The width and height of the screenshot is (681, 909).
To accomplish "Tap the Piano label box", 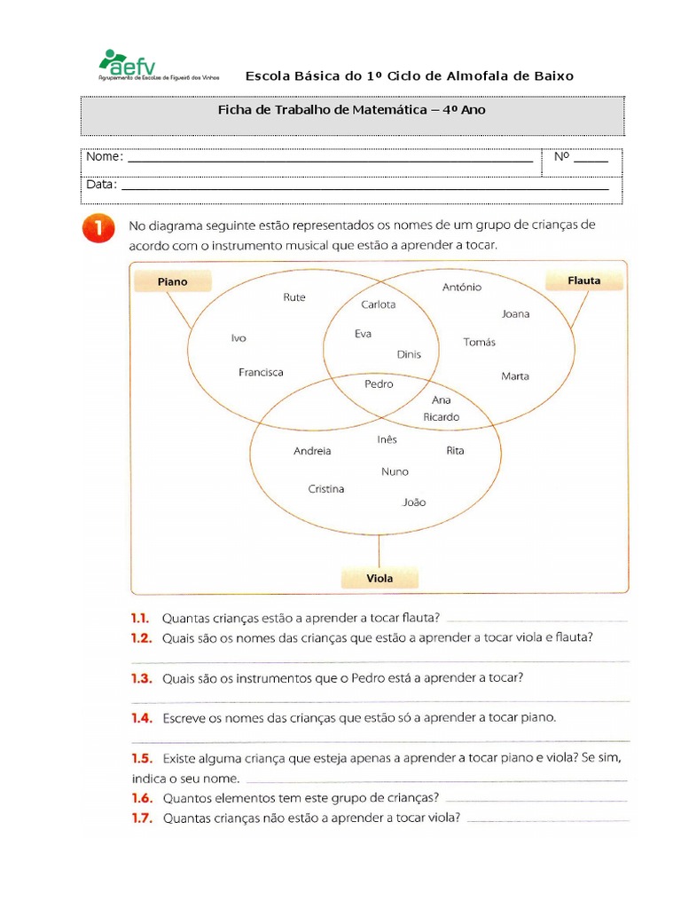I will pyautogui.click(x=173, y=281).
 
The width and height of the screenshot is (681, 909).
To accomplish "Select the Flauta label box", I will pyautogui.click(x=583, y=281).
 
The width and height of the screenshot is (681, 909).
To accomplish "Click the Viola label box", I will pyautogui.click(x=380, y=578).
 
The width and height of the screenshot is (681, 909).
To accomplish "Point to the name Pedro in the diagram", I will pyautogui.click(x=379, y=384).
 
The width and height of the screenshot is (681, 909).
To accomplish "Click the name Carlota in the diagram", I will pyautogui.click(x=379, y=304).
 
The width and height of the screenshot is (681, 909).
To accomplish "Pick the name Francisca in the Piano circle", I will pyautogui.click(x=261, y=373).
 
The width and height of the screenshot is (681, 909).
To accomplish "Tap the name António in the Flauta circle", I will pyautogui.click(x=462, y=287).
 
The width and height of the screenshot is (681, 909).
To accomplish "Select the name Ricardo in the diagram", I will pyautogui.click(x=441, y=416).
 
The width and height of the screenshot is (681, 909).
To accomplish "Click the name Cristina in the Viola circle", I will pyautogui.click(x=326, y=489).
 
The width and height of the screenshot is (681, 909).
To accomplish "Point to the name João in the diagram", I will pyautogui.click(x=414, y=502).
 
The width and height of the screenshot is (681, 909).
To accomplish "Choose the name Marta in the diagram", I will pyautogui.click(x=515, y=376).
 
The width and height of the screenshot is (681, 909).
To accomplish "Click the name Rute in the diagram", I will pyautogui.click(x=294, y=297).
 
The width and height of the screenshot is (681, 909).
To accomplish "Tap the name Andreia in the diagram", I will pyautogui.click(x=312, y=451).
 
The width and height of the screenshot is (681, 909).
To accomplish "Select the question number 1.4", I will pyautogui.click(x=141, y=718).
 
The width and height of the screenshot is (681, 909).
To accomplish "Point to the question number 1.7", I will pyautogui.click(x=141, y=818).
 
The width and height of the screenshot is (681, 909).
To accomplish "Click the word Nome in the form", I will pyautogui.click(x=104, y=157).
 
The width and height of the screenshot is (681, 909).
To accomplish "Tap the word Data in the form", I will pyautogui.click(x=101, y=185).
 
